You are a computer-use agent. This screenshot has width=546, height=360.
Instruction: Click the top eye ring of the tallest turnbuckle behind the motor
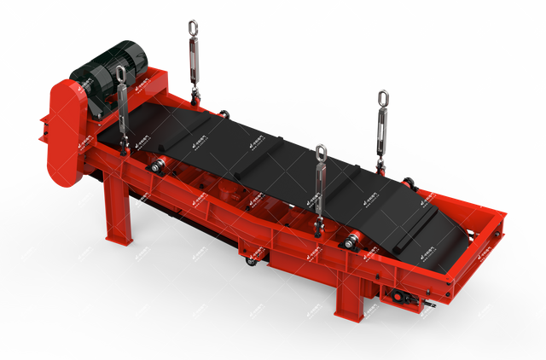pos(193,26)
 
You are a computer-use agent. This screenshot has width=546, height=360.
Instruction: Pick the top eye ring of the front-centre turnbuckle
pos(321,154)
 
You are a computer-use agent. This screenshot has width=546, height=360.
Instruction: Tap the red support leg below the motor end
pos(118,209)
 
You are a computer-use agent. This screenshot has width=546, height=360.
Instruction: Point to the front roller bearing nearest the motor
pos(158,167)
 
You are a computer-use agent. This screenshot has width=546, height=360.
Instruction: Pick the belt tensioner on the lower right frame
pos(398,295)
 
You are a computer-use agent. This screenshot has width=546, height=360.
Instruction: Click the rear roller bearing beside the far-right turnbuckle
pos(409,181)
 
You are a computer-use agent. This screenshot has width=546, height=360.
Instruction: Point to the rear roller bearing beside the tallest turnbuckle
pos(224,113)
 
